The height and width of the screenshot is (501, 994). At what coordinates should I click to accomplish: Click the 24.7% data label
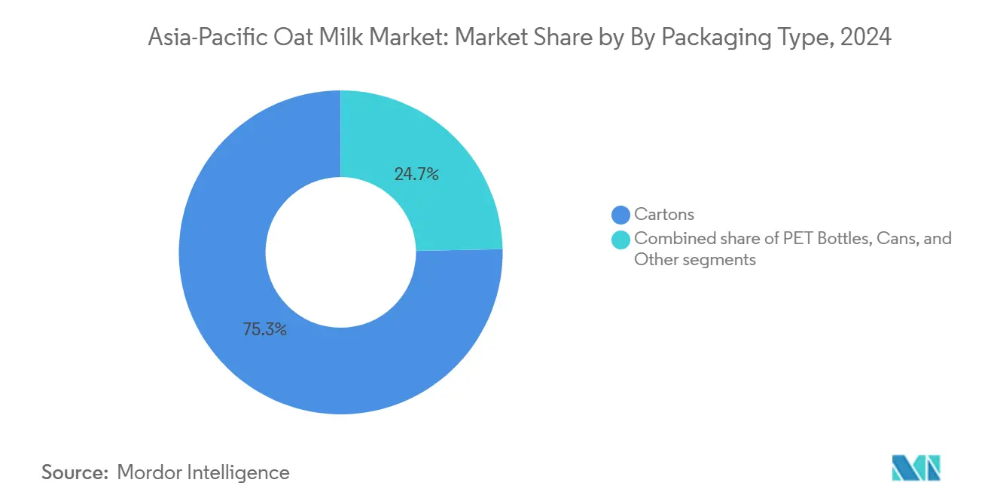pyautogui.click(x=416, y=174)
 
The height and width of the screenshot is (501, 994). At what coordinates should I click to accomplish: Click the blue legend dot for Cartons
pyautogui.click(x=621, y=215)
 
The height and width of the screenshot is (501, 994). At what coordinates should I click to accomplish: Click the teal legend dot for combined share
pyautogui.click(x=621, y=239)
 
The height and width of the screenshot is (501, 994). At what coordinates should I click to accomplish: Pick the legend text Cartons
pyautogui.click(x=663, y=215)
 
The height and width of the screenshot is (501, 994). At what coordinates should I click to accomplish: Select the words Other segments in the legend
pyautogui.click(x=694, y=260)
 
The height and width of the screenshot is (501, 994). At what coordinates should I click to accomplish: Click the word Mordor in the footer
pyautogui.click(x=148, y=472)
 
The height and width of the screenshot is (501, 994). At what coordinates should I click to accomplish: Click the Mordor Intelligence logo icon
pyautogui.click(x=916, y=469)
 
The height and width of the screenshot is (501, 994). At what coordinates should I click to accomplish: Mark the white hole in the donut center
pyautogui.click(x=340, y=252)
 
